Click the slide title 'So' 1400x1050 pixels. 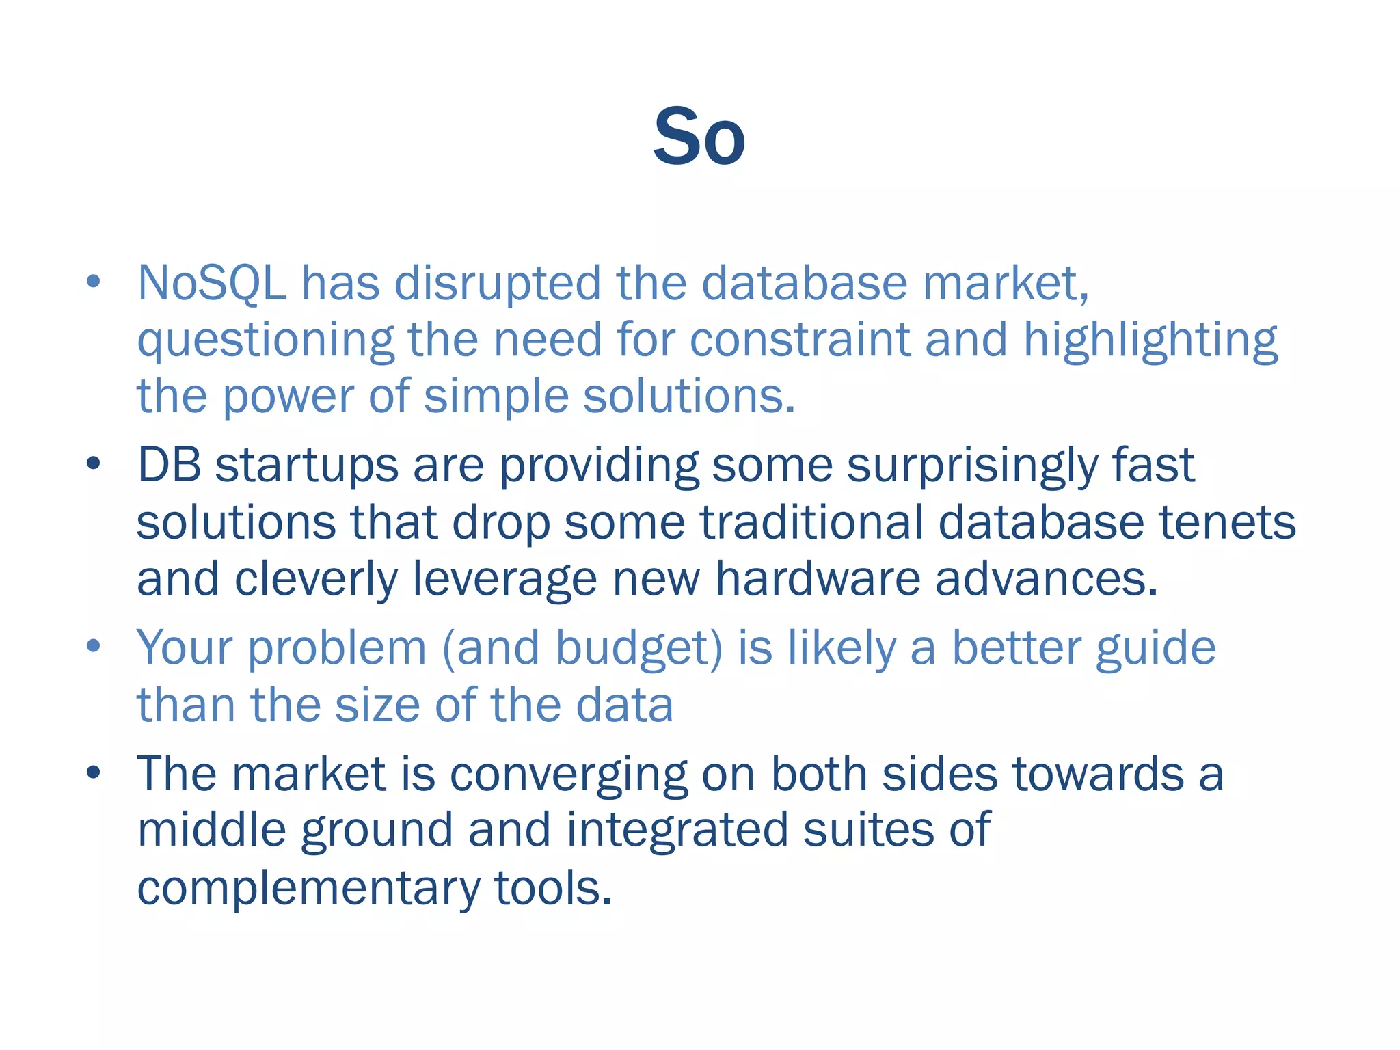pyautogui.click(x=699, y=138)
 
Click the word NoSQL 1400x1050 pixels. pyautogui.click(x=212, y=284)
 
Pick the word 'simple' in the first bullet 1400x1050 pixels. pyautogui.click(x=496, y=398)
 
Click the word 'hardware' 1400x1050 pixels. pyautogui.click(x=818, y=580)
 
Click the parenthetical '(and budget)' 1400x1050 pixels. pyautogui.click(x=582, y=648)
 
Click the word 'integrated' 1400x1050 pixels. pyautogui.click(x=677, y=831)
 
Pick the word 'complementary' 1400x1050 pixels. pyautogui.click(x=308, y=889)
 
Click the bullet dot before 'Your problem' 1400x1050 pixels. pyautogui.click(x=94, y=646)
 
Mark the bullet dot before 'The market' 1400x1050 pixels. pyautogui.click(x=94, y=772)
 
